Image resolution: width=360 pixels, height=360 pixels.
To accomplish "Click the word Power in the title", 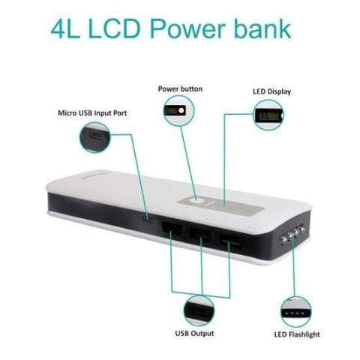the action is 187,28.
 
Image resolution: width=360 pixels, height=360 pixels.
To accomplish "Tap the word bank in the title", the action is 262,28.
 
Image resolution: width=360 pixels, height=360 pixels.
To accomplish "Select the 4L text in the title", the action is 65,28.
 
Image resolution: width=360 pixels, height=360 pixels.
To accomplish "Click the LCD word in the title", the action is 114,28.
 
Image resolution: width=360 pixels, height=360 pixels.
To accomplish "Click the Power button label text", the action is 180,89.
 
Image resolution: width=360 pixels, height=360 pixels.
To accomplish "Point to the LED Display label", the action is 271,91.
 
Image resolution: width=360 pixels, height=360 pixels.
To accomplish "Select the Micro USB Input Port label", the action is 92,113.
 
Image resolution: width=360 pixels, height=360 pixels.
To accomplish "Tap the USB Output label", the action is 194,334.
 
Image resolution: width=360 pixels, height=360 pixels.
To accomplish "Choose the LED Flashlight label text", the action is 297,334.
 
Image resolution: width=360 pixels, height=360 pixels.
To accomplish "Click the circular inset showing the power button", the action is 178,110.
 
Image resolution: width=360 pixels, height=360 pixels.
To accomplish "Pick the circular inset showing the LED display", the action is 268,115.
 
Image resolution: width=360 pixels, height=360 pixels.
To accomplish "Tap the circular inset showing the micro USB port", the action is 94,137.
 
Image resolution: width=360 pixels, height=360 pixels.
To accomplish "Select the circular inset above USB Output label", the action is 199,310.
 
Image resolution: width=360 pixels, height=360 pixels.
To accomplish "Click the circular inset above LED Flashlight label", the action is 296,312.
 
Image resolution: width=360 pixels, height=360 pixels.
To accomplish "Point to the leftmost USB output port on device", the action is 172,229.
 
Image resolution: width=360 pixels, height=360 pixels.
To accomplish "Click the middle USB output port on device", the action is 199,235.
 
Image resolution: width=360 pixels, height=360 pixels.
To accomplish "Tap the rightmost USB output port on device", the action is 230,241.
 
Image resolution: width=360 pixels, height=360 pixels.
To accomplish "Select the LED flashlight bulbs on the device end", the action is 292,234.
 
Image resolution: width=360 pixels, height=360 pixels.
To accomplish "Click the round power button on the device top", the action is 195,200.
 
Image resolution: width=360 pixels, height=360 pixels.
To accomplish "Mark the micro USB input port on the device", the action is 146,219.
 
